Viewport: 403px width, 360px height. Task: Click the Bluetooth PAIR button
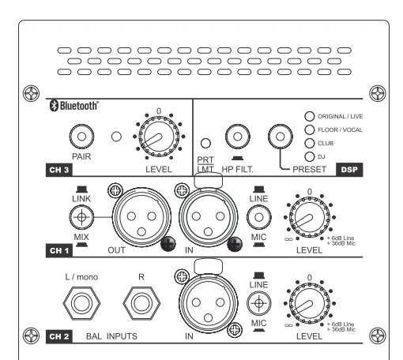pyautogui.click(x=81, y=137)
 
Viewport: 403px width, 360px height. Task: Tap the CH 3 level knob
pyautogui.click(x=159, y=137)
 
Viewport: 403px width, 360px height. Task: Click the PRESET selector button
pyautogui.click(x=281, y=137)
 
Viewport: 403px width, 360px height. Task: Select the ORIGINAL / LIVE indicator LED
pyautogui.click(x=310, y=116)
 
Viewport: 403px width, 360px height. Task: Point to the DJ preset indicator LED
pyautogui.click(x=310, y=157)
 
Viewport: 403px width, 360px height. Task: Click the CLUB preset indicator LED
pyautogui.click(x=310, y=143)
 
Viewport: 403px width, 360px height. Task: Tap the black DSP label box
pyautogui.click(x=349, y=170)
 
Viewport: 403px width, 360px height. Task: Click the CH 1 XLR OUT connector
pyautogui.click(x=141, y=217)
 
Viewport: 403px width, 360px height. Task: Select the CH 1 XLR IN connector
pyautogui.click(x=208, y=217)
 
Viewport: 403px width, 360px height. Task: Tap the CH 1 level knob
pyautogui.click(x=310, y=217)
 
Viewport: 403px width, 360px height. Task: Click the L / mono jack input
pyautogui.click(x=81, y=303)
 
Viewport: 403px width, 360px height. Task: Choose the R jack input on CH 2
pyautogui.click(x=141, y=303)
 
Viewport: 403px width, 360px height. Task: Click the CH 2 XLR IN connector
pyautogui.click(x=208, y=303)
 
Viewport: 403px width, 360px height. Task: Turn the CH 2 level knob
pyautogui.click(x=310, y=303)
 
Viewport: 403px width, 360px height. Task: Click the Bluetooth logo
pyautogui.click(x=74, y=106)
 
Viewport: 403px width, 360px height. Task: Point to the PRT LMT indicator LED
pyautogui.click(x=205, y=143)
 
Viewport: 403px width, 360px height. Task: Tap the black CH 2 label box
pyautogui.click(x=59, y=336)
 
